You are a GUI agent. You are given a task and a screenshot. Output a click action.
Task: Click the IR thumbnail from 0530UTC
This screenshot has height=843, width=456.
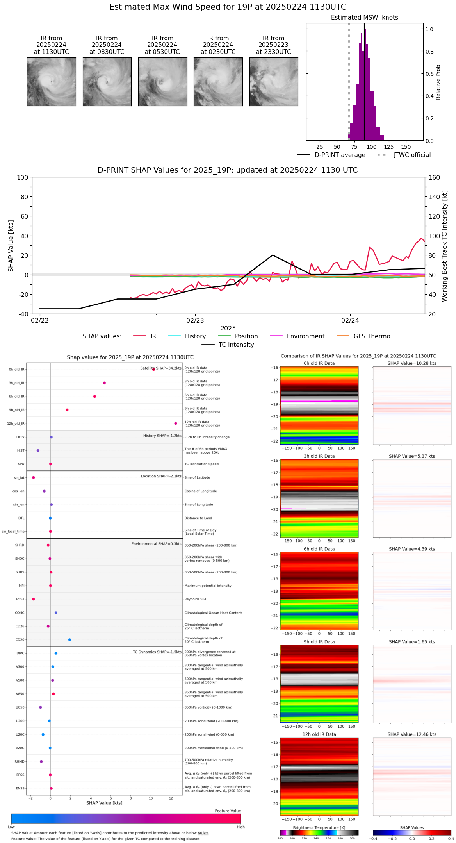pos(162,82)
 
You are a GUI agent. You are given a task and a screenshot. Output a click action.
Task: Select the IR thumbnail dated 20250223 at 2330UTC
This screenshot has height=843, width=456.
pos(274,82)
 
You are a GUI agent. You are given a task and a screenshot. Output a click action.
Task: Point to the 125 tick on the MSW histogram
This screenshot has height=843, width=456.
pos(389,147)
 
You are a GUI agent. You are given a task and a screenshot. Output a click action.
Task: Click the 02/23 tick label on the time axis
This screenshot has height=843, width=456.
pos(195,321)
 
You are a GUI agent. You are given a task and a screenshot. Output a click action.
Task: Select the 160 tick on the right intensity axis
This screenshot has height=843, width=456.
pos(434,178)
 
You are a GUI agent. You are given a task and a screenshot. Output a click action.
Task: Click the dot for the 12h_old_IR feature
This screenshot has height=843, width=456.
pos(176,423)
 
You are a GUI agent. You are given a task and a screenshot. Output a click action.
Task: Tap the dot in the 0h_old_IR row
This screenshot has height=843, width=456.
pos(153,369)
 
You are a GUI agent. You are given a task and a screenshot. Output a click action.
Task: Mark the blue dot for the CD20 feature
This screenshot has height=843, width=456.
pos(69,640)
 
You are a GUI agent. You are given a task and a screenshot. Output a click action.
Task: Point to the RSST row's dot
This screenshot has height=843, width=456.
pos(33,599)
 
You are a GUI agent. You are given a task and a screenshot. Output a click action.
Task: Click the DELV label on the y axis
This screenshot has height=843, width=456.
pos(20,437)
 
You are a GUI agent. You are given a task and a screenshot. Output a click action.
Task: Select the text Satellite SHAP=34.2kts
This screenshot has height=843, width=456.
pos(161,368)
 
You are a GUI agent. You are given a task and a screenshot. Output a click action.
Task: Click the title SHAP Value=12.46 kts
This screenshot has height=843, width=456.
pos(412,734)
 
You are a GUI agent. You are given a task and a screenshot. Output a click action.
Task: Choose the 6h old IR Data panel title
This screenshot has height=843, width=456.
pos(319,549)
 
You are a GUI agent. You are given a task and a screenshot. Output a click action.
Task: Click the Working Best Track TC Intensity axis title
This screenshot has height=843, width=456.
pos(445,246)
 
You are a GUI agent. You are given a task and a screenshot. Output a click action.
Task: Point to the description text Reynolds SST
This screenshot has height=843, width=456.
pos(196,599)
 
